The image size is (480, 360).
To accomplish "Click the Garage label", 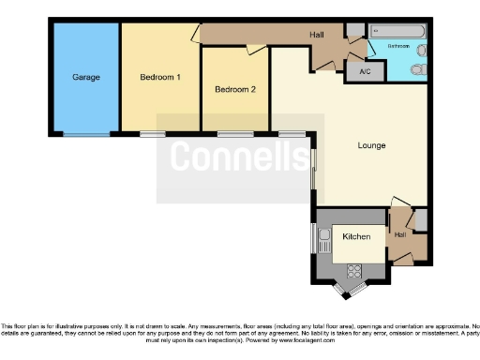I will click(x=86, y=77).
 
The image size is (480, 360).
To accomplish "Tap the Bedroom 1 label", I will click(x=159, y=77).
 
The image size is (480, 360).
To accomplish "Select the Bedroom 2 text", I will click(x=234, y=90).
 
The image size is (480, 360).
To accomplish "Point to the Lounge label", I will click(x=371, y=145).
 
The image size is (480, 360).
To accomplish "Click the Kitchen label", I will click(x=357, y=237).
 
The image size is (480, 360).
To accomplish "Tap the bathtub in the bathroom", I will click(x=397, y=32).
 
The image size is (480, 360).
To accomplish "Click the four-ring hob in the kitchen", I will click(x=354, y=272).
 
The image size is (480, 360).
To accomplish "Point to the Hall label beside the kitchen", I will click(x=401, y=234).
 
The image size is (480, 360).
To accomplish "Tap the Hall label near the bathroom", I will click(x=317, y=35).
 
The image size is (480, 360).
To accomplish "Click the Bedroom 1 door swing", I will click(x=195, y=35).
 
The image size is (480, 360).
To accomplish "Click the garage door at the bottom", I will click(x=86, y=135).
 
